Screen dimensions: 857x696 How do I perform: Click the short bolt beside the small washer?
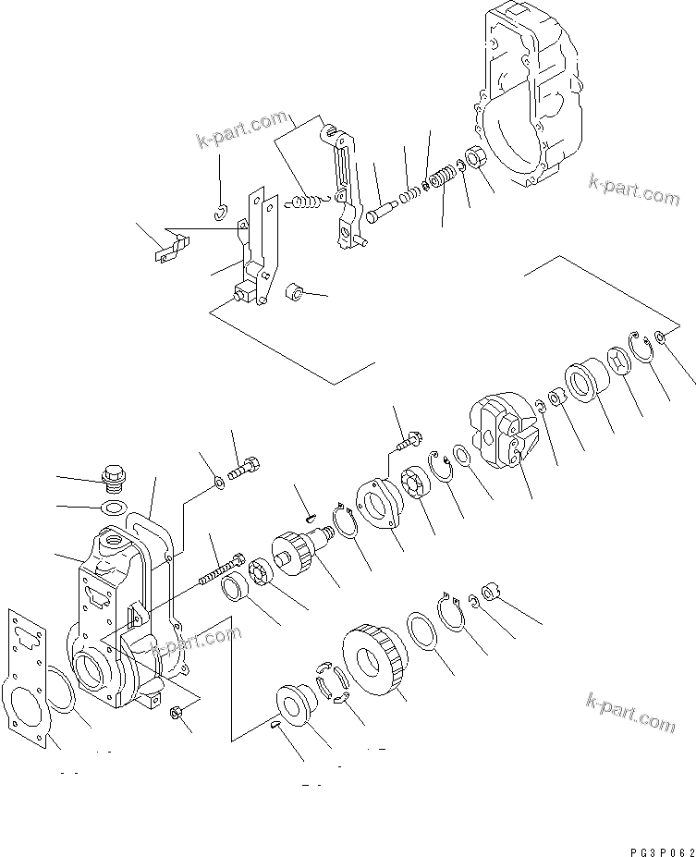tap(245, 468)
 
